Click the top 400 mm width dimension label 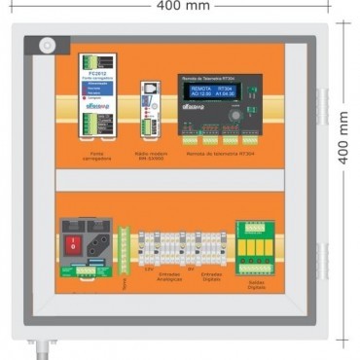180,6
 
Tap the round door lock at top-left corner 46,45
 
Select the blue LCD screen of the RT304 211,91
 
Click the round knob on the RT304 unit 234,114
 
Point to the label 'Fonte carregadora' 97,156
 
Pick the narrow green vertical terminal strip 124,250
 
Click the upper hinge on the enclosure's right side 321,106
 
